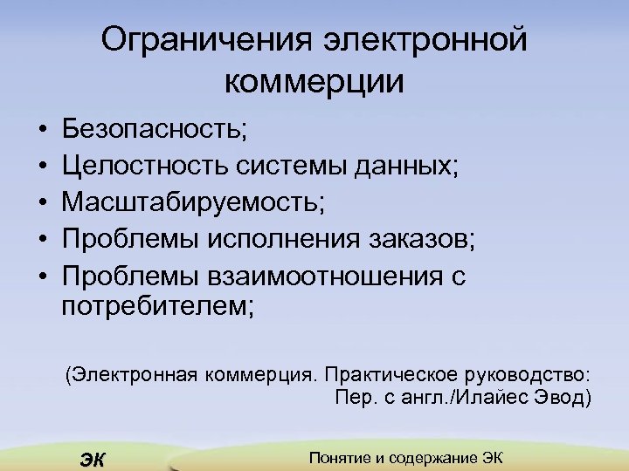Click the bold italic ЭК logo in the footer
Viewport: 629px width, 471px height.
[92, 460]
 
